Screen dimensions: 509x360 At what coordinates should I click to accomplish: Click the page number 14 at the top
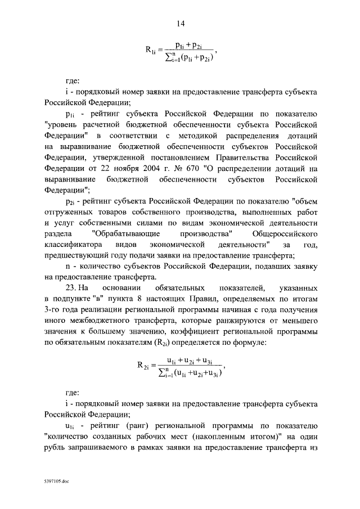181,23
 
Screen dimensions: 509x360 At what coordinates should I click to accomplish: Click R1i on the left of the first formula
152,51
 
